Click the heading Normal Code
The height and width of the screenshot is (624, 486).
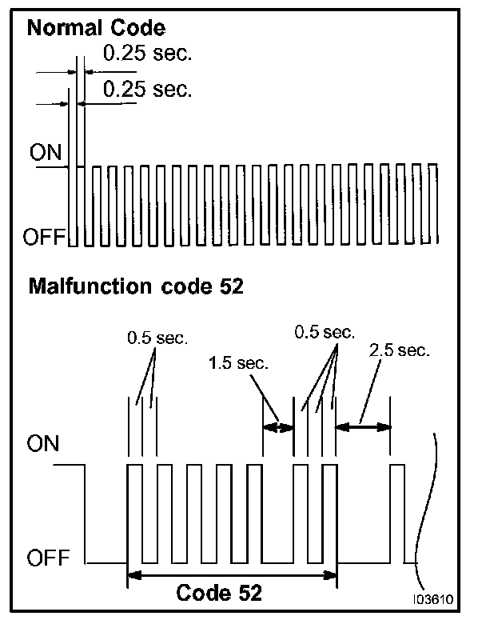coord(97,29)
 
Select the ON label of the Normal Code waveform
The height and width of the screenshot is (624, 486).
coord(46,153)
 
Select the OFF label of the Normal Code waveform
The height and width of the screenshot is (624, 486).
coord(46,238)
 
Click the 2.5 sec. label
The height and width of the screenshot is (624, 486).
coord(400,350)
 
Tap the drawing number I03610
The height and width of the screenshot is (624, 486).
coord(433,598)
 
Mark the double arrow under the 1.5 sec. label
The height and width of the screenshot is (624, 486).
coord(279,427)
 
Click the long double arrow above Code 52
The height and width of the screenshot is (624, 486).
coord(233,574)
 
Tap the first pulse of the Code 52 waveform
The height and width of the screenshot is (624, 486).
coord(135,512)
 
